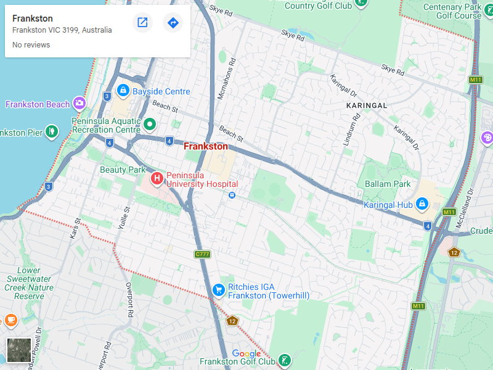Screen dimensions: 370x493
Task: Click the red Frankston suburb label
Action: point(206,147)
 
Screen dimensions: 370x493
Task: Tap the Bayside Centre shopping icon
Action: point(123,91)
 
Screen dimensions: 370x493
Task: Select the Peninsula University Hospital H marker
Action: point(157,179)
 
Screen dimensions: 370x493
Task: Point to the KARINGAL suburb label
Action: point(367,105)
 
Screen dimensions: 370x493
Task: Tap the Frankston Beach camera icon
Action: point(79,104)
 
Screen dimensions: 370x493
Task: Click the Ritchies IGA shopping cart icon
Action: point(218,289)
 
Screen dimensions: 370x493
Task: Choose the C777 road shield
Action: point(202,254)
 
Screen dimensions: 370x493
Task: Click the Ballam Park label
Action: point(388,184)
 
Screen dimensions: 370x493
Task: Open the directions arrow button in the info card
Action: point(173,23)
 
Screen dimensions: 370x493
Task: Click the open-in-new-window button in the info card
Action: point(142,23)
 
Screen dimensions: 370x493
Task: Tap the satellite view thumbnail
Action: point(18,350)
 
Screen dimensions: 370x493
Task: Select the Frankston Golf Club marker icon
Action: point(284,360)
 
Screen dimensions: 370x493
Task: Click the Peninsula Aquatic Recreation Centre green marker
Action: point(149,125)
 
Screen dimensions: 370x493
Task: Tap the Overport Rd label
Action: point(129,300)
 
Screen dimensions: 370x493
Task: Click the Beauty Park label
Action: point(123,170)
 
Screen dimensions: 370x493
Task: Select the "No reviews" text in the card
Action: point(31,45)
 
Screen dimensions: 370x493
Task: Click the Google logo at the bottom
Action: point(246,353)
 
